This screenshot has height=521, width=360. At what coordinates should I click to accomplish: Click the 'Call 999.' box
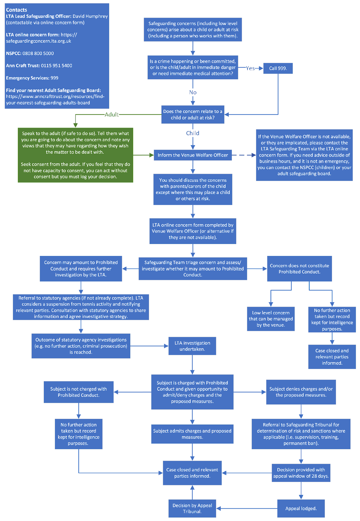click(x=278, y=68)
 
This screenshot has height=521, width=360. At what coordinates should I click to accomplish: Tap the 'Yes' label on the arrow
click(x=250, y=68)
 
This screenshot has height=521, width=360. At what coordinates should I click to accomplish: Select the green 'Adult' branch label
click(x=112, y=114)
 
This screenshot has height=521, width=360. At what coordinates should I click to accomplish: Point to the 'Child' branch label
click(x=193, y=133)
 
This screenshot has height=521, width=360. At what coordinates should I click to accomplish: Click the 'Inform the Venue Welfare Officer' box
click(x=193, y=155)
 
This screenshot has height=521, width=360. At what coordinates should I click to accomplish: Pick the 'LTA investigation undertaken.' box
click(x=192, y=346)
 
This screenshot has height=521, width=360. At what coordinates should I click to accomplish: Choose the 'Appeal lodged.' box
click(x=301, y=508)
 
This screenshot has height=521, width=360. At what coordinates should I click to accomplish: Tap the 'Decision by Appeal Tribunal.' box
click(x=192, y=508)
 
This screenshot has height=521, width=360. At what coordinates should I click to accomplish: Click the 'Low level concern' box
click(x=271, y=319)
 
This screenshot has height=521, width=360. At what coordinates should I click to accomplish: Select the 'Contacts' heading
click(x=17, y=10)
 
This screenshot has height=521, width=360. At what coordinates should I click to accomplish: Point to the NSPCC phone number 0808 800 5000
click(x=38, y=53)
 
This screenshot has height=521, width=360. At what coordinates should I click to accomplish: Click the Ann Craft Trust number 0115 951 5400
click(x=57, y=65)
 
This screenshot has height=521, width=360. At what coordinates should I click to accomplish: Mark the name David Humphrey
click(x=90, y=16)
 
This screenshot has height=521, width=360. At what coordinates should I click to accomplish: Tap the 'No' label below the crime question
click(x=193, y=92)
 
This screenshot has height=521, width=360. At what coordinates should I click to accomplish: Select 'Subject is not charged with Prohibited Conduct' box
click(x=78, y=392)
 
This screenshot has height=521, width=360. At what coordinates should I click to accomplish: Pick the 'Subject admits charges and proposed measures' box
click(x=192, y=434)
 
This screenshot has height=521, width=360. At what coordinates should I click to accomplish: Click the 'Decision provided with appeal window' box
click(x=301, y=472)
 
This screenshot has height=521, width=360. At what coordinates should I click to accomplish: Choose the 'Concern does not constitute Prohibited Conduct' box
click(x=299, y=269)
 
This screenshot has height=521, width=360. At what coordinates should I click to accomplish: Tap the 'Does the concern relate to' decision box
click(x=193, y=114)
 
